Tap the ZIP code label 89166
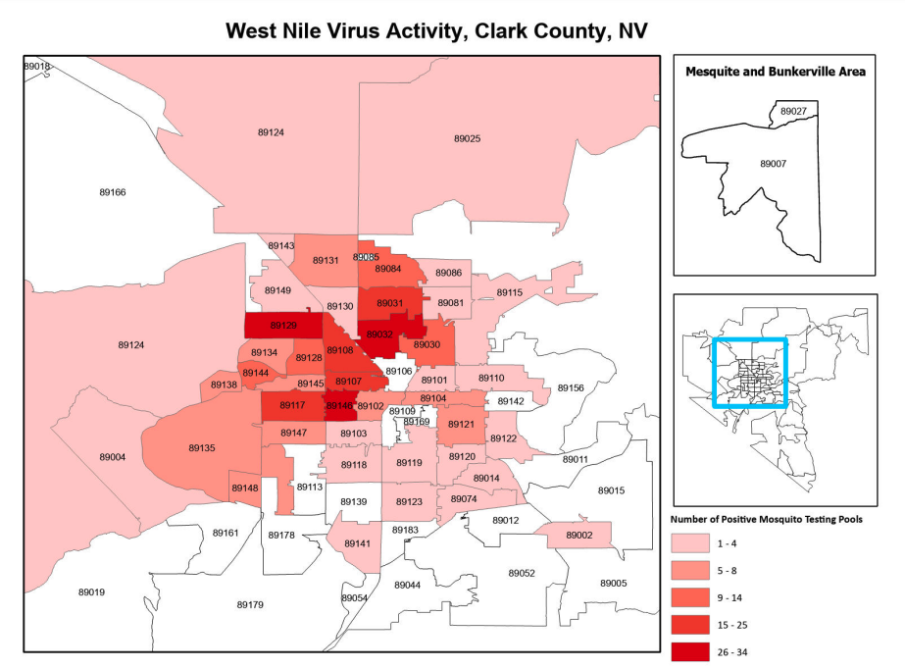tap(113, 192)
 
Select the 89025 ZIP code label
tap(467, 138)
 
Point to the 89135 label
tap(202, 447)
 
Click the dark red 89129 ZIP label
tap(282, 325)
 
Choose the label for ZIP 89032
tap(379, 334)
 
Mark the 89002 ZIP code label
tap(579, 535)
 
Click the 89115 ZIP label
tap(509, 292)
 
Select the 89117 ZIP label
tap(292, 405)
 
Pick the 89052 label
tap(522, 573)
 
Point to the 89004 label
tap(113, 457)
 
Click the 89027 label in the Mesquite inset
tap(793, 112)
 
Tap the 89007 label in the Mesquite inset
tap(774, 163)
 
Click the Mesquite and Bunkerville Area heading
tap(775, 72)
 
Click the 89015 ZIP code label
tap(611, 489)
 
